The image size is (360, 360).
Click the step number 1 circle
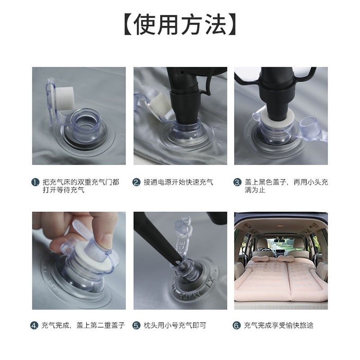[x=35, y=183]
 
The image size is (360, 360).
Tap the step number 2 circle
[x=136, y=183]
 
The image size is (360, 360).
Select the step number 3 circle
[x=237, y=183]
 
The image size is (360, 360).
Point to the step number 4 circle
[x=35, y=326]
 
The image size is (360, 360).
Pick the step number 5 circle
[x=136, y=326]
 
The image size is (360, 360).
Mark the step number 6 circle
[x=237, y=326]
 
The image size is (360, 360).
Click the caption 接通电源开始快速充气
[x=178, y=183]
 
